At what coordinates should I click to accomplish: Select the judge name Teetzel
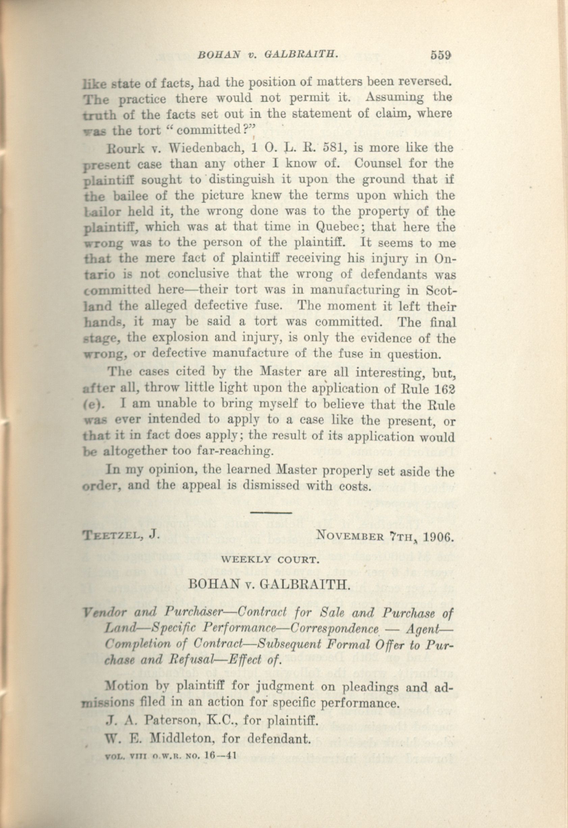[110, 535]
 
